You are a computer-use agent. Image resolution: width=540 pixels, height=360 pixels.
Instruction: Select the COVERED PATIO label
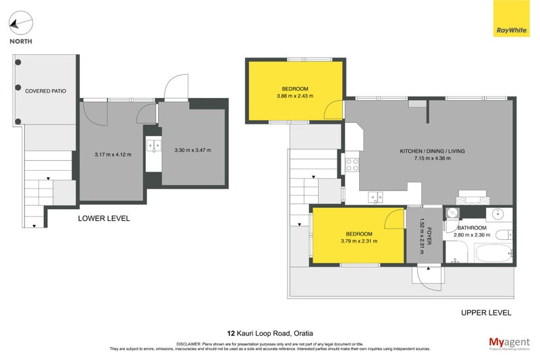pyautogui.click(x=45, y=91)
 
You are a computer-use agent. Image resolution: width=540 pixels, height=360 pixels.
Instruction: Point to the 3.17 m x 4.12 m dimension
pyautogui.click(x=111, y=155)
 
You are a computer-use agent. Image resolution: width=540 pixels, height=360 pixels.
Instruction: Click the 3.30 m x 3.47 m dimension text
pyautogui.click(x=193, y=150)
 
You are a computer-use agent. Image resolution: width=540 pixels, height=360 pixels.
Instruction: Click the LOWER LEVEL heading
pyautogui.click(x=104, y=218)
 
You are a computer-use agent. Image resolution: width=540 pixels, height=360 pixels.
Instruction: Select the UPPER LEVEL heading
pyautogui.click(x=485, y=312)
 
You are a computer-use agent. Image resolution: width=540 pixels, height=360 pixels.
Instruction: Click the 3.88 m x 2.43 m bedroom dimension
pyautogui.click(x=295, y=97)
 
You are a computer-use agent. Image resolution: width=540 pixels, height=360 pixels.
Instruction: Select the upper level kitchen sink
pyautogui.click(x=375, y=197)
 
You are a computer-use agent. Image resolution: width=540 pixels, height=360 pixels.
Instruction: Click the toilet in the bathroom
pyautogui.click(x=502, y=234)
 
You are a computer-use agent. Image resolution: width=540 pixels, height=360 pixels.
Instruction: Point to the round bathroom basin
pyautogui.click(x=499, y=213)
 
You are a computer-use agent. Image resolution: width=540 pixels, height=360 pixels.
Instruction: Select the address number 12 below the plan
pyautogui.click(x=231, y=332)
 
